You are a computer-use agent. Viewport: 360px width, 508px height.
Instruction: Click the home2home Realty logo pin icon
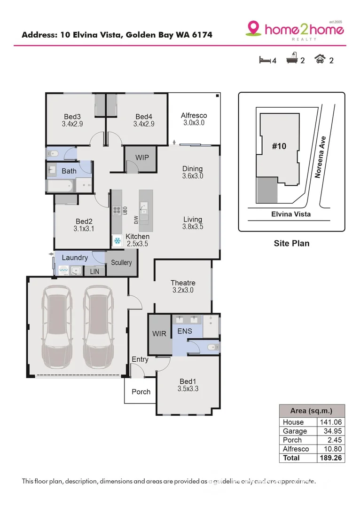tap(253, 28)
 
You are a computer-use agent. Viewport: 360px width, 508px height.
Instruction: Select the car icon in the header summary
tap(321, 60)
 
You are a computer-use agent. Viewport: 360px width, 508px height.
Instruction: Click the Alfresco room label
tap(194, 115)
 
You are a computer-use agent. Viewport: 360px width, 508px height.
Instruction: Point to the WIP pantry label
tap(141, 158)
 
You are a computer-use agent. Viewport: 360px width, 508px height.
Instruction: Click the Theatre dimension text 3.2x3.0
tap(182, 290)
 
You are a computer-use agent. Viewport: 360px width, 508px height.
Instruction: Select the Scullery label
tap(121, 262)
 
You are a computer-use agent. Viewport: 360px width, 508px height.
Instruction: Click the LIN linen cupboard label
tap(94, 271)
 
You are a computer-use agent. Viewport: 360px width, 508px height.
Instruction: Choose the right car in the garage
tap(99, 327)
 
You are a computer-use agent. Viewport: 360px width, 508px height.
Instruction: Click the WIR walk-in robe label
tap(159, 334)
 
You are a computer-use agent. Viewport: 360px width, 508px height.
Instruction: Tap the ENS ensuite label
tap(185, 331)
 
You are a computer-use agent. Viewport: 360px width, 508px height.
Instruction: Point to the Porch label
tap(141, 392)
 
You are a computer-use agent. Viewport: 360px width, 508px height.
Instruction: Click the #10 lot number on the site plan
tap(279, 146)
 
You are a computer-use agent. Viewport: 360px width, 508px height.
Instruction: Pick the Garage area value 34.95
tap(331, 431)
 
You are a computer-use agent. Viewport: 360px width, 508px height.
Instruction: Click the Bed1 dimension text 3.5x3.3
tap(188, 389)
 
